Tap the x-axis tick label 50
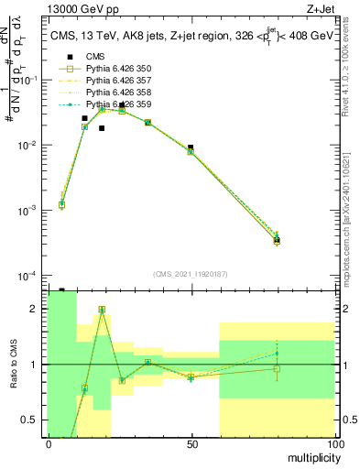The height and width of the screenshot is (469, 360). (191, 444)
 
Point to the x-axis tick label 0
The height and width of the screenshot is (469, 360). (49, 444)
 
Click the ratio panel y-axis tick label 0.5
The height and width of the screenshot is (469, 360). (30, 420)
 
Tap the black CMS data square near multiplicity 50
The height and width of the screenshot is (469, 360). (191, 147)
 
